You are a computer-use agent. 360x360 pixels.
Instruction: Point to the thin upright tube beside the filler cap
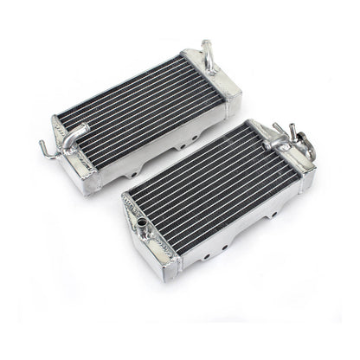click(x=279, y=131)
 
